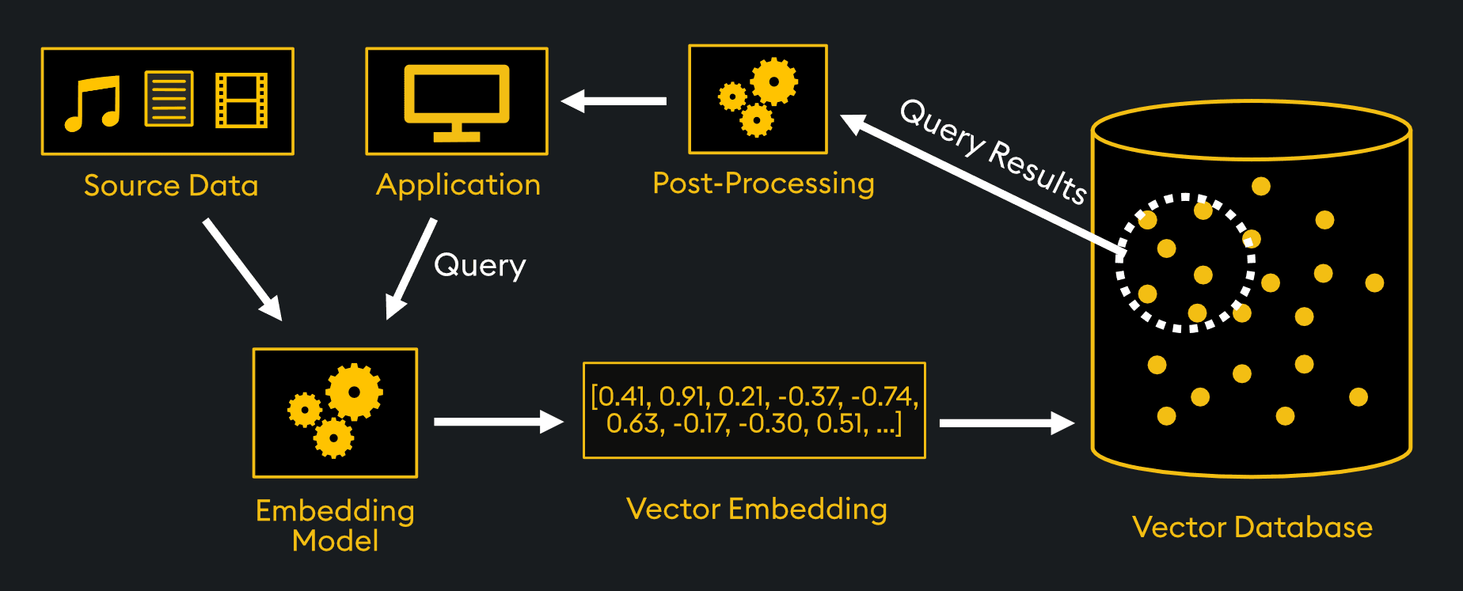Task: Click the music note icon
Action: pos(93,103)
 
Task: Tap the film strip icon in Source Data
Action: pos(241,100)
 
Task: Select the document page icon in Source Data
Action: pos(169,99)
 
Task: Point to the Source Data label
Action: pos(171,186)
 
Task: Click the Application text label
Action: pos(458,185)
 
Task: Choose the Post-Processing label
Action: pos(763,184)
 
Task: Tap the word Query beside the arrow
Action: pos(480,266)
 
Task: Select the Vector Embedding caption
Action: pos(756,509)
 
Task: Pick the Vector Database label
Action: pos(1252,528)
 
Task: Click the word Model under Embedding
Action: pos(335,541)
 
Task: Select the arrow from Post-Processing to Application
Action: pos(614,101)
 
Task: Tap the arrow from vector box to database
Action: pos(1005,423)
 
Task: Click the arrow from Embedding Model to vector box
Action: pos(497,422)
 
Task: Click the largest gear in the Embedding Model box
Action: pos(354,392)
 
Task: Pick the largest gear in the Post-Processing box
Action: pos(773,81)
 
